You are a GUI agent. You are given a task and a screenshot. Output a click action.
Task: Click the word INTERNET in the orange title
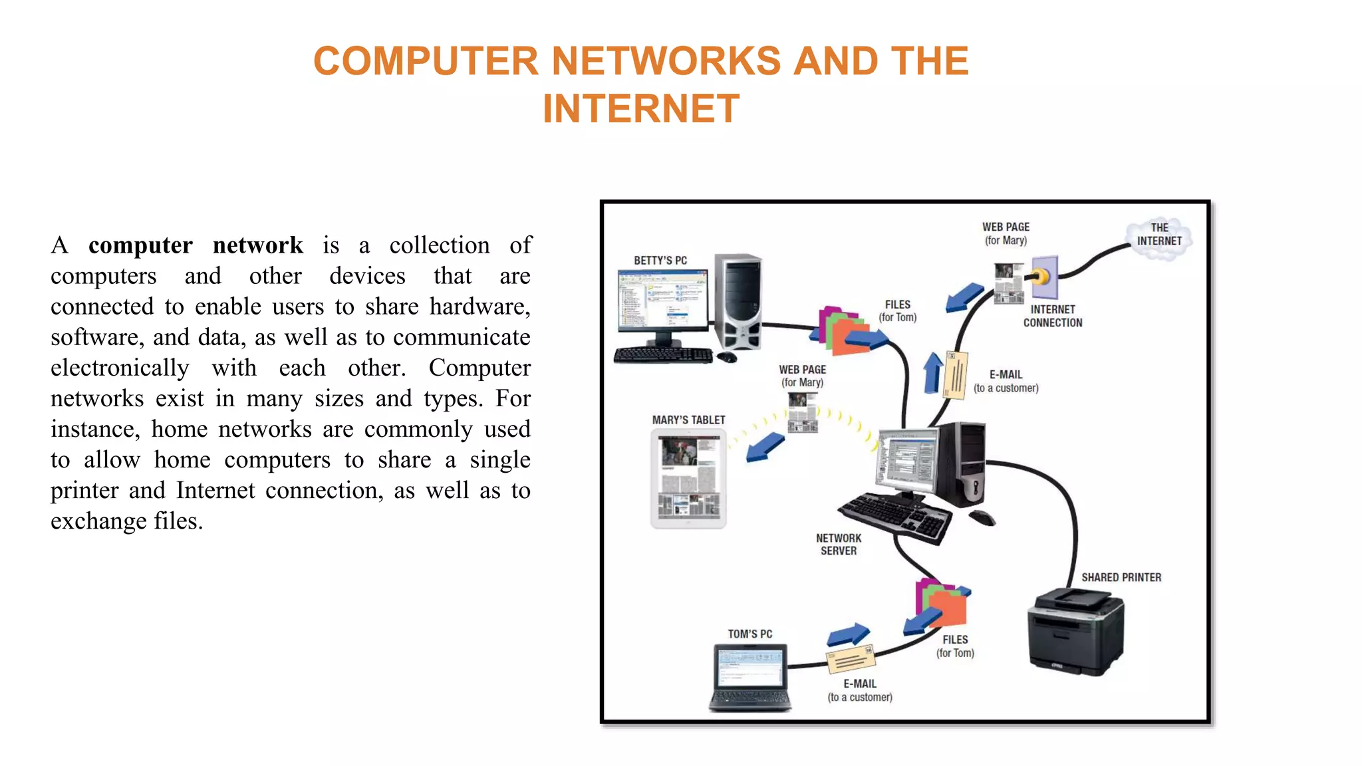point(640,108)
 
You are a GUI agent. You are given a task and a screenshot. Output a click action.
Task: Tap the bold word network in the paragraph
point(257,245)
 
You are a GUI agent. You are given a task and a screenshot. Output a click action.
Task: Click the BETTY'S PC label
point(660,261)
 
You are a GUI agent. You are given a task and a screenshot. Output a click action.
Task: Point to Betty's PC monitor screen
point(662,300)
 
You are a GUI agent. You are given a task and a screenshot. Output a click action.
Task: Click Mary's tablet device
point(688,479)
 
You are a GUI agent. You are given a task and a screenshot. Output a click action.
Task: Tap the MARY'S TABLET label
point(688,420)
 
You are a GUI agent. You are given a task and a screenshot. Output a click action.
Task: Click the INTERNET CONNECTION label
point(1052,317)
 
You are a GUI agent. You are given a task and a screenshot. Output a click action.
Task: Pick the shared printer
point(1075,631)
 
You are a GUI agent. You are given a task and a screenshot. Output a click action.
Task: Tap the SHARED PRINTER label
point(1121,578)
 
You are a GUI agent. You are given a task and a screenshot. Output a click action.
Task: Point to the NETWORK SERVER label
point(838,545)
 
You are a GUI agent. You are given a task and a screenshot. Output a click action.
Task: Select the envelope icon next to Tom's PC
point(851,659)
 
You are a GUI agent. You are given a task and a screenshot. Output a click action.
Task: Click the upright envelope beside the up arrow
point(956,375)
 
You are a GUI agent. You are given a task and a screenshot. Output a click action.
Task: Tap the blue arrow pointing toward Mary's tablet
point(765,447)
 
